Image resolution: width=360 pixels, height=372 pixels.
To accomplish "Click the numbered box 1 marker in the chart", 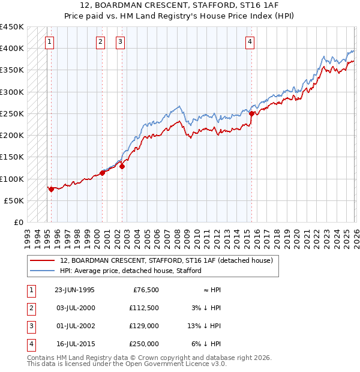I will [x=49, y=41].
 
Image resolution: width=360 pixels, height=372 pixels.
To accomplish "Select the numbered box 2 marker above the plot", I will [x=100, y=41].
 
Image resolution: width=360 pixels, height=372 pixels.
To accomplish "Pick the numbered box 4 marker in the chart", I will [x=250, y=41].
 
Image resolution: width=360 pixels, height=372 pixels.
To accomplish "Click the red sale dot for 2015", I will [x=251, y=113].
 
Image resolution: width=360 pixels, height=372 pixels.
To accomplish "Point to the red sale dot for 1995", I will [x=52, y=189].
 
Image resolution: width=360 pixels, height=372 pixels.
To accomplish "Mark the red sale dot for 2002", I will [x=122, y=167].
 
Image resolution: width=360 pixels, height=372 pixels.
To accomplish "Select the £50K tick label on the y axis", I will [x=14, y=201].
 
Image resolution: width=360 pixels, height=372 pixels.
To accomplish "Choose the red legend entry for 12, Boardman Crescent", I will [x=166, y=260].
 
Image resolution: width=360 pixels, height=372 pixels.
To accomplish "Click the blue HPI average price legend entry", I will [x=130, y=271].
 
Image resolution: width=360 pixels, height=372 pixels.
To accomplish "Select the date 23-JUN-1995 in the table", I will [x=74, y=290].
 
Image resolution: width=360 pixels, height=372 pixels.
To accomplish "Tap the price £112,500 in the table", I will [x=143, y=308].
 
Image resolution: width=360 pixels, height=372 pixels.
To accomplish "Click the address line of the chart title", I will [x=179, y=7].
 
